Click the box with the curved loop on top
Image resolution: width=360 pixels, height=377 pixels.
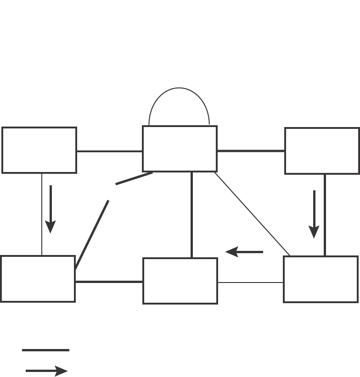point(180,149)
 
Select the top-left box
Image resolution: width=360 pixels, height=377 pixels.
point(39,150)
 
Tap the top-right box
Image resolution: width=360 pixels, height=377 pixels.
point(322,151)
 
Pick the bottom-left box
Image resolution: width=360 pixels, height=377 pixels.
point(38,279)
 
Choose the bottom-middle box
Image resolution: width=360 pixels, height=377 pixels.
point(180,281)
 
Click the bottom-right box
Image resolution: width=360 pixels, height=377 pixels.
point(321,279)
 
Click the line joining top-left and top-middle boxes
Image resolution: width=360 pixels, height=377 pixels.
point(109,151)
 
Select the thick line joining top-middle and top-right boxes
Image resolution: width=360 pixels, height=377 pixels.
point(251,150)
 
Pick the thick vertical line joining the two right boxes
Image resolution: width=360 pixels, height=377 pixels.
point(325,215)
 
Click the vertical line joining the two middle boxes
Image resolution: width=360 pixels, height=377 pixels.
point(191,215)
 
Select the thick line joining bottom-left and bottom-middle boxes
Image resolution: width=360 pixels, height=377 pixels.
point(109,282)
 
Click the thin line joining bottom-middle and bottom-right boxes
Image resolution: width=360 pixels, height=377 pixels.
point(250,283)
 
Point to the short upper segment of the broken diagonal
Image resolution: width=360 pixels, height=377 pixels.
point(134,178)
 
